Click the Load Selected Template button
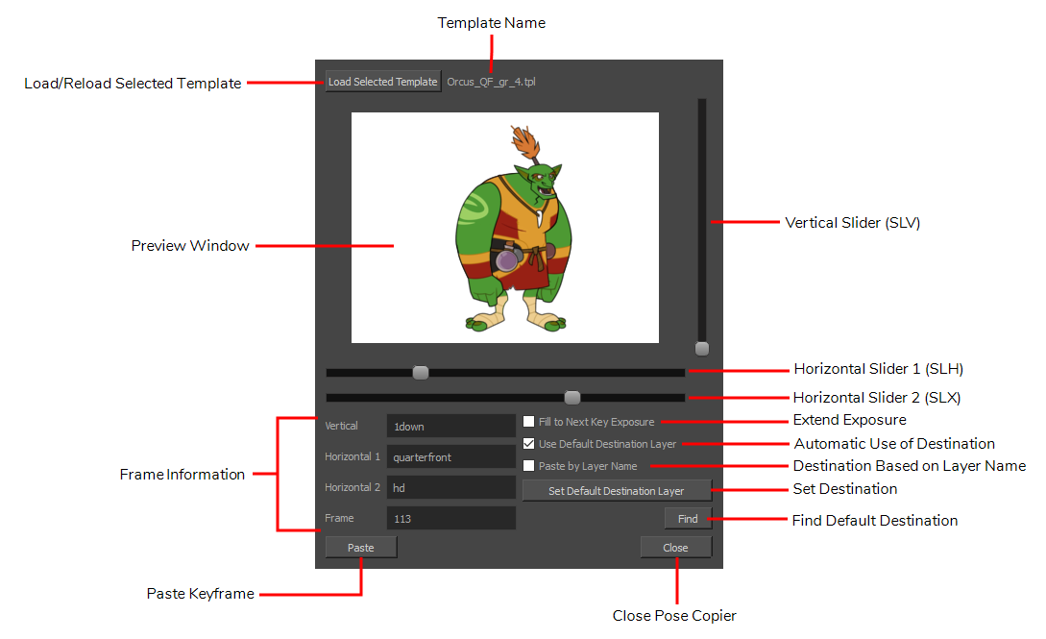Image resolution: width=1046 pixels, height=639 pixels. [383, 82]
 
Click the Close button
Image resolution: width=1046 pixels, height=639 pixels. [676, 548]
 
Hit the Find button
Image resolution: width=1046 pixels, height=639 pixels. [688, 519]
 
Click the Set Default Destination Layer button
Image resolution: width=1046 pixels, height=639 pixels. [617, 491]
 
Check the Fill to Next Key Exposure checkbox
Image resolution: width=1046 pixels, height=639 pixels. [529, 422]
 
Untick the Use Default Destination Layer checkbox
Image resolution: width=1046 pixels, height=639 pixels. [529, 444]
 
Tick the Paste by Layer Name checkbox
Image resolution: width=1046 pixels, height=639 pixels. [529, 466]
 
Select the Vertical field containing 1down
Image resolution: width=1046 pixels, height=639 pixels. [450, 427]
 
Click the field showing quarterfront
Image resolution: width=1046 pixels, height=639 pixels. [450, 456]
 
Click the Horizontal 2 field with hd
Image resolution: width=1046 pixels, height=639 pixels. [450, 487]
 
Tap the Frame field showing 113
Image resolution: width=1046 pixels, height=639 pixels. [450, 518]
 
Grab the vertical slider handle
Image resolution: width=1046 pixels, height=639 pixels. [702, 349]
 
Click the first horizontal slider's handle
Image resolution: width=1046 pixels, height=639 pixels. [421, 372]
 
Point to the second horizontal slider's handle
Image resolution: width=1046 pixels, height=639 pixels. [572, 398]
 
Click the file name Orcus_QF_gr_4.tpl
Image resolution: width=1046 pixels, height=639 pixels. [491, 82]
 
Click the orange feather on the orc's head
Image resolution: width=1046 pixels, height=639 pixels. [525, 141]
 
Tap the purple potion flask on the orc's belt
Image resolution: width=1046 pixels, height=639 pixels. [508, 258]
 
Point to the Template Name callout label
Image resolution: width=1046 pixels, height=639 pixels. [492, 23]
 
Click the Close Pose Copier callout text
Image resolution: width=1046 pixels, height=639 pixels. [674, 616]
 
